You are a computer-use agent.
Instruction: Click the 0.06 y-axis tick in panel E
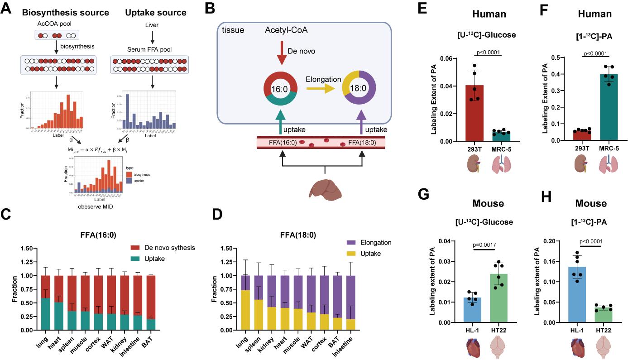(454, 58)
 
